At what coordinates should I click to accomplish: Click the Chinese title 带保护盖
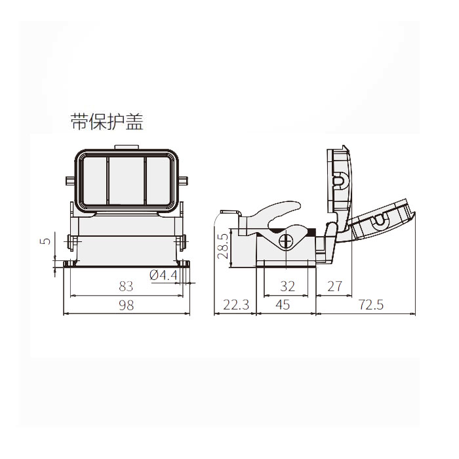107,121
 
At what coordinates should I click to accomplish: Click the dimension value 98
126,305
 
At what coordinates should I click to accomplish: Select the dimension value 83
126,287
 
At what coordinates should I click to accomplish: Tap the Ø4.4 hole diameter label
163,275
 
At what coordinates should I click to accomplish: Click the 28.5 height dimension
223,246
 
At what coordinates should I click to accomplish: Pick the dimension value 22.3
235,305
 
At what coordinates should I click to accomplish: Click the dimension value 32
288,287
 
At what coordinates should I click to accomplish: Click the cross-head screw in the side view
286,241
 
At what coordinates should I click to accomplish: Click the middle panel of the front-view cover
126,180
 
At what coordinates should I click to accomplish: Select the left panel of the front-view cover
94,180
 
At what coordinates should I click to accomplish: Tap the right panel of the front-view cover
158,180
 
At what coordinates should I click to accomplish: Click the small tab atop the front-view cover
127,148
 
